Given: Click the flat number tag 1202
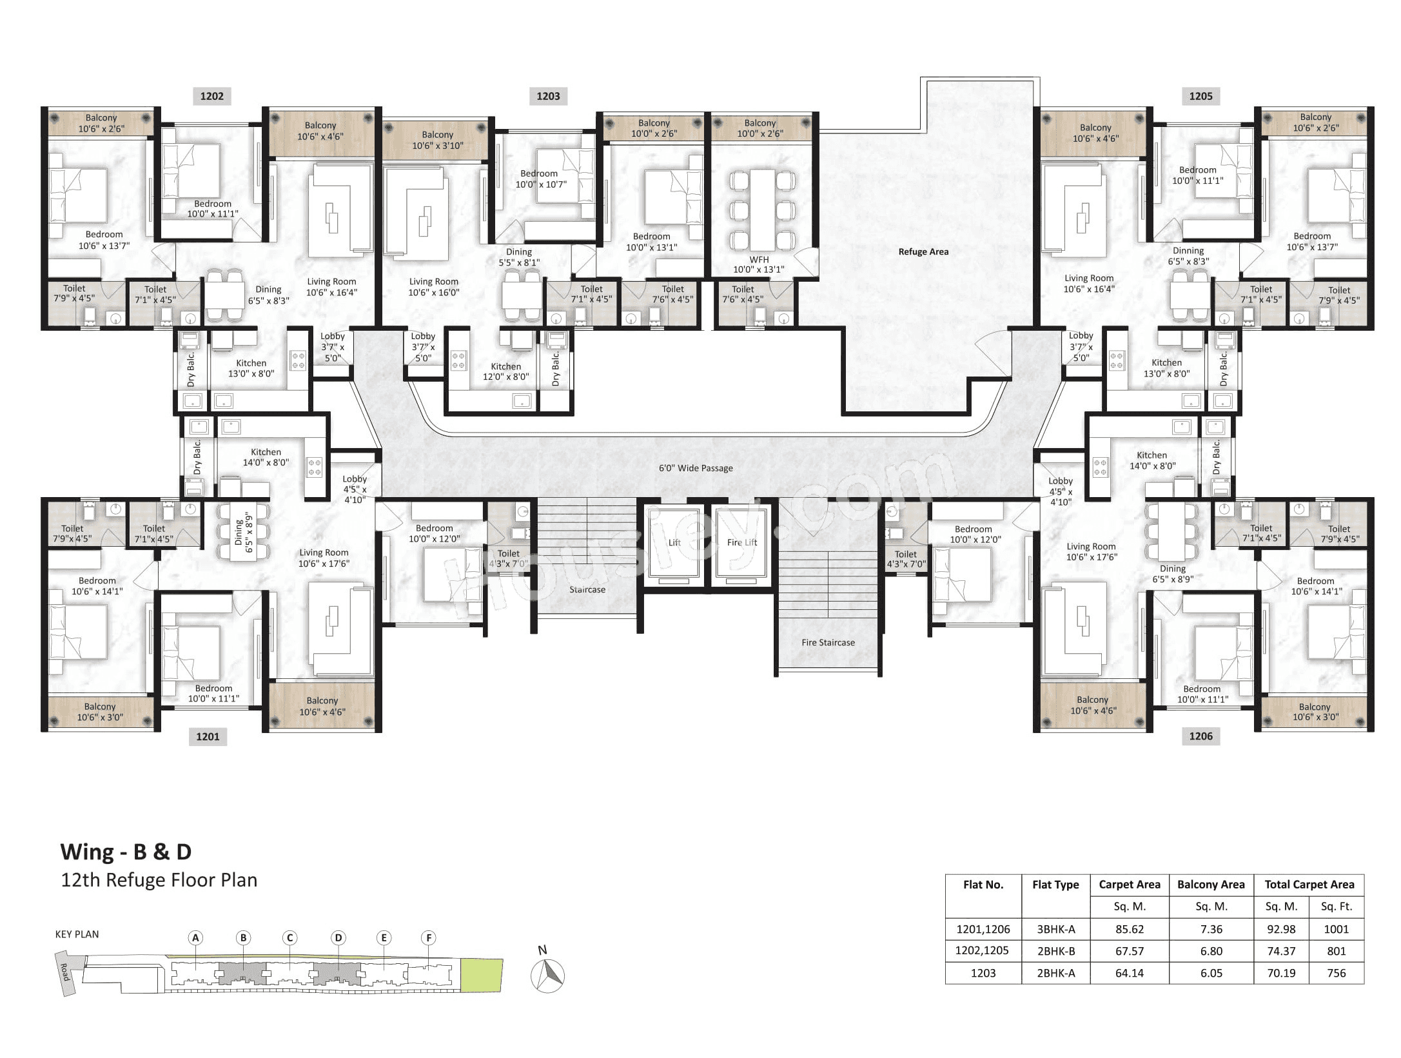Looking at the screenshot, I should click(x=211, y=96).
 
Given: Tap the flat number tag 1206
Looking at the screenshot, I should click(x=1200, y=736).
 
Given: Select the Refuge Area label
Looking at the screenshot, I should click(x=923, y=251).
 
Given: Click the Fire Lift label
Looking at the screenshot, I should click(x=741, y=542).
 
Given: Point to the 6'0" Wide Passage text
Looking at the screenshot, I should click(x=696, y=468).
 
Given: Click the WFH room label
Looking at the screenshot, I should click(x=759, y=264).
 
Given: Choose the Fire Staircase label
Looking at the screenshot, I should click(x=828, y=642).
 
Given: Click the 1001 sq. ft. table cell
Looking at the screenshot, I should click(x=1336, y=929).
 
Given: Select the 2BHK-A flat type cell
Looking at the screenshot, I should click(x=1055, y=973).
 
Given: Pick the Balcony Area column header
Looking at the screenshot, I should click(x=1210, y=885).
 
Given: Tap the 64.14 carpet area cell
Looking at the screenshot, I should click(x=1129, y=973).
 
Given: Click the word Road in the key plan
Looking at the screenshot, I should click(x=64, y=972).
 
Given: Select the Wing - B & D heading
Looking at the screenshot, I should click(x=126, y=852).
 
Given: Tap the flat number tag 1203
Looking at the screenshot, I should click(x=548, y=96).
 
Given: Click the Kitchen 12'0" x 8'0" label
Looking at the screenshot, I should click(x=505, y=371).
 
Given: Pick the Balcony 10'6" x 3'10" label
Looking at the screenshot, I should click(x=437, y=140).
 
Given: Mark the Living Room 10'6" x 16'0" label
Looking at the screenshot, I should click(x=433, y=287).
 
